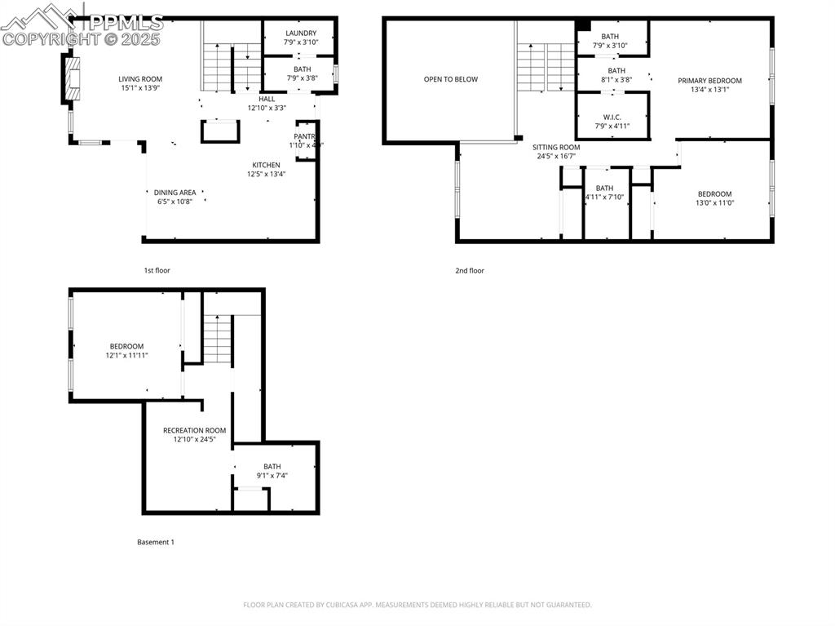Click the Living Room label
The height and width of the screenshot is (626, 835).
point(140,79)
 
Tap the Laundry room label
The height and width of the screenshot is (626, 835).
point(300,33)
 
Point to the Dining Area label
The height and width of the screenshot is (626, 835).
point(175,193)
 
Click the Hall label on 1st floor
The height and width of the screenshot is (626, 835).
point(267,99)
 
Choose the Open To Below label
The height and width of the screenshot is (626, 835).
point(450,79)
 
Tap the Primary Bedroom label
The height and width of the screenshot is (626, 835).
point(709,81)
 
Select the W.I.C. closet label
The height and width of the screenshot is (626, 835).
point(612,118)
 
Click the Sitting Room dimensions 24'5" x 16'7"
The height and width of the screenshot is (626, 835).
point(556,157)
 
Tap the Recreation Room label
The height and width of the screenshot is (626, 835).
point(194,430)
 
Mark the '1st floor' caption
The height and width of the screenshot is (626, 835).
point(157,270)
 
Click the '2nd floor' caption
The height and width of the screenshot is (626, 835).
point(470,270)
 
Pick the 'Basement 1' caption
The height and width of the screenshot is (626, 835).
point(155,542)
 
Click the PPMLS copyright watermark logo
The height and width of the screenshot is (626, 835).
point(82,24)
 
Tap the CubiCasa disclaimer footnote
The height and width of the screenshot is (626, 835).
point(417,605)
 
